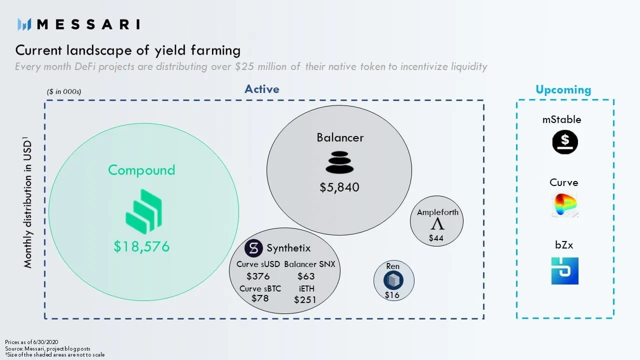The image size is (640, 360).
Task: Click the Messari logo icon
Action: [24, 24]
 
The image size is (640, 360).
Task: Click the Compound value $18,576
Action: [141, 246]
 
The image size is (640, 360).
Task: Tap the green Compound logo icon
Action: [143, 211]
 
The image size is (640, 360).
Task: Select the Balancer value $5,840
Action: [339, 187]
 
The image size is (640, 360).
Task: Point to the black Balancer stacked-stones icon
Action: [339, 162]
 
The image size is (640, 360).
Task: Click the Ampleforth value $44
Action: [436, 238]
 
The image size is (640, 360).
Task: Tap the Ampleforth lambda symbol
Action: [437, 224]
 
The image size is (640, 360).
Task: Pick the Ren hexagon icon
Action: [393, 280]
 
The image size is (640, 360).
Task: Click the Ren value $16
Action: [392, 295]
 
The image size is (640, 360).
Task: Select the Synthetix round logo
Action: [253, 248]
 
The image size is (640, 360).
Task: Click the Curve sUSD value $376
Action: [258, 276]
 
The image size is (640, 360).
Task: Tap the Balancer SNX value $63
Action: [306, 276]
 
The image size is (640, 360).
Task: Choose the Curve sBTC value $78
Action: [260, 298]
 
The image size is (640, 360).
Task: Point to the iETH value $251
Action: [305, 299]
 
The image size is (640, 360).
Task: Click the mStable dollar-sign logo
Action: [565, 142]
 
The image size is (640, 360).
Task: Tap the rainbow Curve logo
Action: [565, 205]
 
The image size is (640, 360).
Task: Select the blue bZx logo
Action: [565, 271]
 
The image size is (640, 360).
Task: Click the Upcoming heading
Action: [563, 89]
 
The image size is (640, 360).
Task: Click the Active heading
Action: [261, 89]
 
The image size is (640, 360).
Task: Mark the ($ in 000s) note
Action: [64, 91]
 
